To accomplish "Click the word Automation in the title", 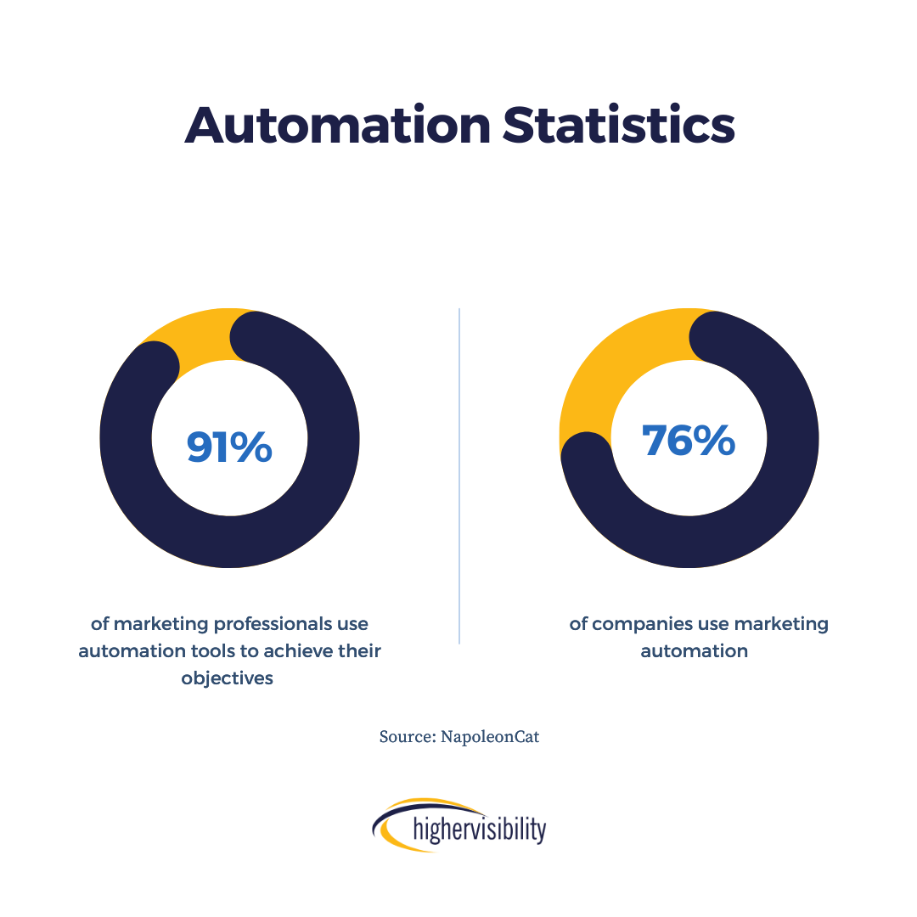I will [x=337, y=125].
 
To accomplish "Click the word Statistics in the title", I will [x=618, y=125].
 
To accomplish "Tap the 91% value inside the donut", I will [x=229, y=447].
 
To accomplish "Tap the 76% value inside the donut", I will [x=689, y=441].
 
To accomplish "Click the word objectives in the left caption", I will [x=228, y=678].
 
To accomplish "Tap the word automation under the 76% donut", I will [x=694, y=651].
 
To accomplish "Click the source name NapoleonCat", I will [x=490, y=737].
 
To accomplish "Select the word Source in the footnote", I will [x=406, y=737].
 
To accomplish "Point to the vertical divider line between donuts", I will [x=459, y=475].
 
